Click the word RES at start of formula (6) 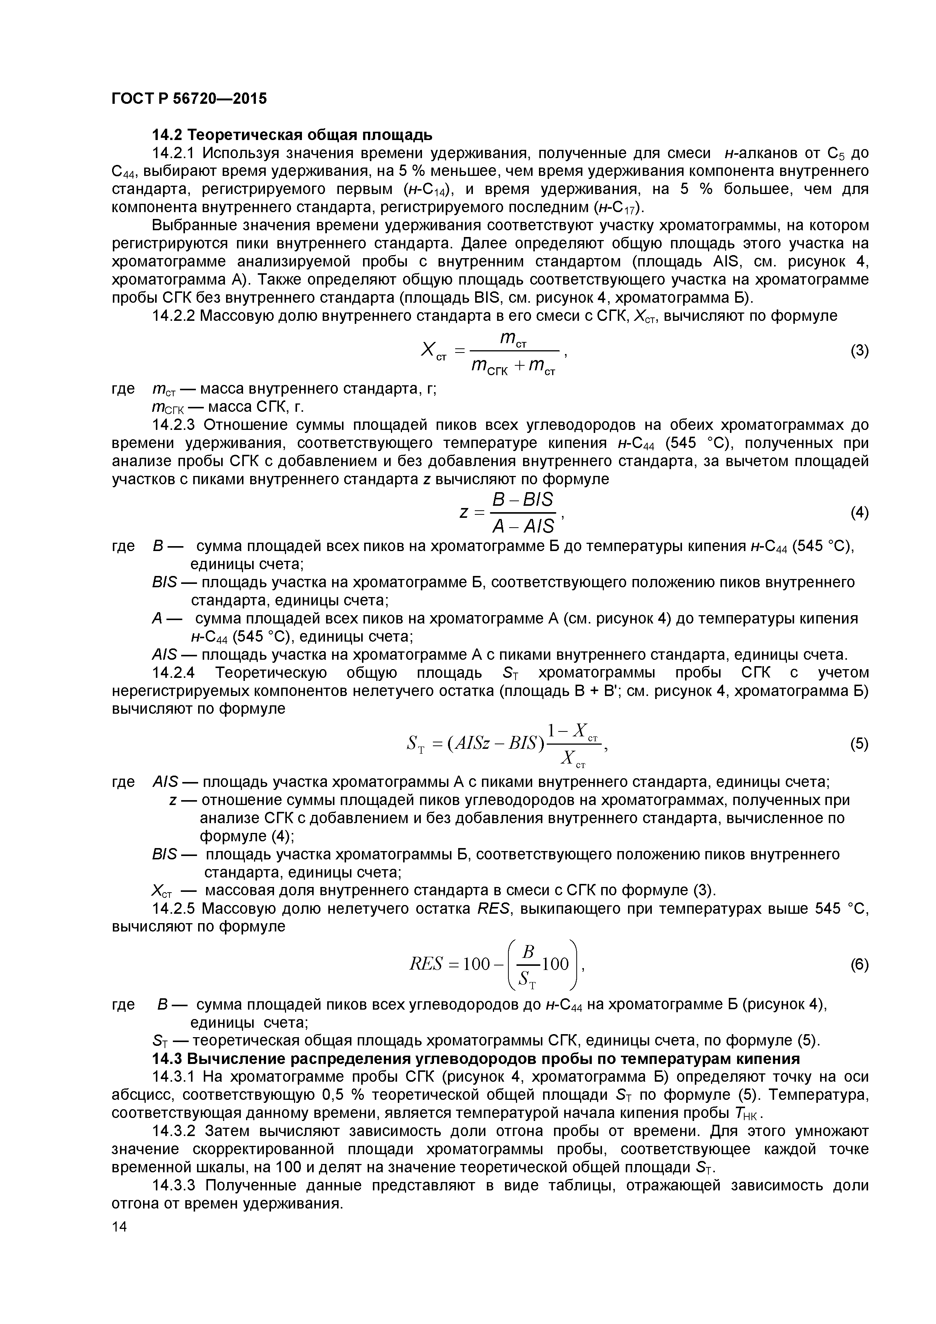pyautogui.click(x=425, y=964)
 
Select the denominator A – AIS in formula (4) pyautogui.click(x=522, y=526)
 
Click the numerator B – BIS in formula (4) pyautogui.click(x=522, y=499)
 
